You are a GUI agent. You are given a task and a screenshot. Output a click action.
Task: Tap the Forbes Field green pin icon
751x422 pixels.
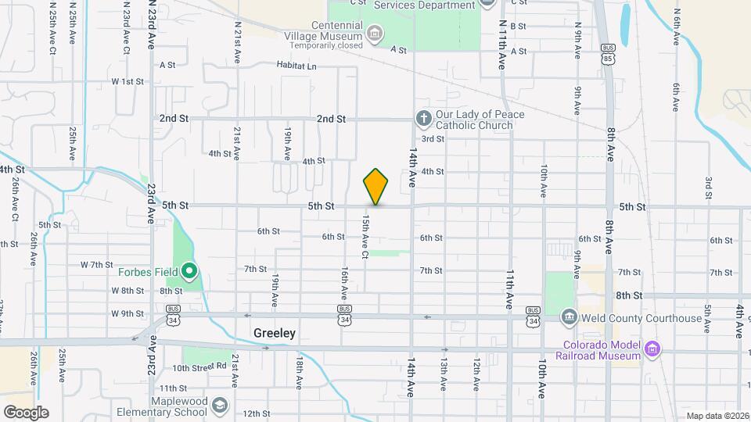click(189, 272)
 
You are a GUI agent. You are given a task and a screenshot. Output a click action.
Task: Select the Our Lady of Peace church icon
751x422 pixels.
click(423, 119)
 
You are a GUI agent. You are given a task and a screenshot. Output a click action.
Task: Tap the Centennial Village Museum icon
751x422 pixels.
click(375, 33)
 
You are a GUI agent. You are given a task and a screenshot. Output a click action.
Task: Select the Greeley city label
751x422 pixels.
click(275, 333)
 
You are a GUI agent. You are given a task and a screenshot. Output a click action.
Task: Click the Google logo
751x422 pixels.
click(26, 412)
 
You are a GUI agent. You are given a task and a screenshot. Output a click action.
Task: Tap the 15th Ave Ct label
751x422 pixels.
click(365, 237)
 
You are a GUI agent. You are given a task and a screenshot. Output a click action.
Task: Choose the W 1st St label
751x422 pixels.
click(128, 81)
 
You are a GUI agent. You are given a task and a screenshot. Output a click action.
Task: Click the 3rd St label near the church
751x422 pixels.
click(433, 139)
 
